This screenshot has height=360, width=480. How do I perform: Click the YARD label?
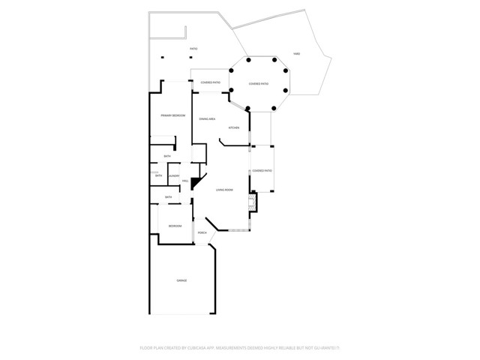pyautogui.click(x=296, y=54)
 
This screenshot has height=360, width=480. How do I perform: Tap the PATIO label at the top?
pyautogui.click(x=193, y=49)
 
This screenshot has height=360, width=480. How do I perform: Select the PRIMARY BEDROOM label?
pyautogui.click(x=172, y=115)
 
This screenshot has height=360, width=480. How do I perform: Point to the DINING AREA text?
pyautogui.click(x=207, y=119)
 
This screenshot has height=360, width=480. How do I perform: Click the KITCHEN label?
pyautogui.click(x=233, y=128)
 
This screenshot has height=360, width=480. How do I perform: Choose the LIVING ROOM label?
pyautogui.click(x=224, y=190)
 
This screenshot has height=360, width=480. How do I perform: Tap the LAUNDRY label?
pyautogui.click(x=173, y=176)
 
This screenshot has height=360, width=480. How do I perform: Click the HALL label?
pyautogui.click(x=184, y=181)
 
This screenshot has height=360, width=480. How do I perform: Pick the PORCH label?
pyautogui.click(x=202, y=233)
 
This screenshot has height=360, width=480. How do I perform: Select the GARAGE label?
pyautogui.click(x=181, y=280)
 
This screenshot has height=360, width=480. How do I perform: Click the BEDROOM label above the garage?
pyautogui.click(x=174, y=226)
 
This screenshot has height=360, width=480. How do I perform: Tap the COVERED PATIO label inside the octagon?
pyautogui.click(x=259, y=83)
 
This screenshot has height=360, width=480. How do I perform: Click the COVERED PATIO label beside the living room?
pyautogui.click(x=262, y=171)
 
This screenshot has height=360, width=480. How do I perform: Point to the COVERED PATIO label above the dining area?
pyautogui.click(x=210, y=82)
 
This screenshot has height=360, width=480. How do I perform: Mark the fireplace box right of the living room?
pyautogui.click(x=252, y=202)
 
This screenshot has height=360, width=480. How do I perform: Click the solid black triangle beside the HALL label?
pyautogui.click(x=196, y=182)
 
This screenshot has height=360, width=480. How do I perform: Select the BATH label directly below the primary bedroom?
pyautogui.click(x=167, y=157)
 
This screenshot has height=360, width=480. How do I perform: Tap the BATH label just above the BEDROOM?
pyautogui.click(x=168, y=197)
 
